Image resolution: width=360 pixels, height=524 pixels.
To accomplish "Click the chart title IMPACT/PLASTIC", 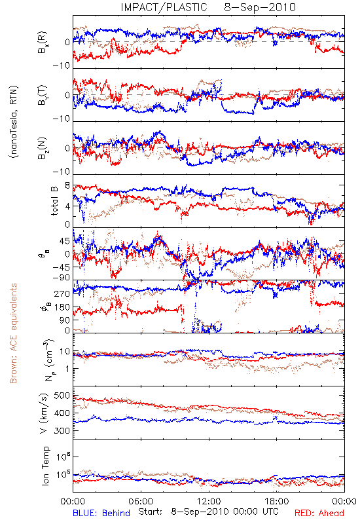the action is [x=164, y=7].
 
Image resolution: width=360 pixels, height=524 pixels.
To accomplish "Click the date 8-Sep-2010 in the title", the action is [x=260, y=7].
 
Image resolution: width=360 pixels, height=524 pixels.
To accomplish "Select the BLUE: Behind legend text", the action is [x=101, y=513].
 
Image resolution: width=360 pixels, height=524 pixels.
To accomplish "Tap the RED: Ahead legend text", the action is [x=319, y=513].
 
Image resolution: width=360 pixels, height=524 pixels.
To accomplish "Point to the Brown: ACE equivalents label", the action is [x=13, y=333].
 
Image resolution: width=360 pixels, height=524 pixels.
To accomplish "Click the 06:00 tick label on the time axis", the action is [x=141, y=501].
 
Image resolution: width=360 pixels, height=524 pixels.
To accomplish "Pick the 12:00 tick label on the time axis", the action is [x=209, y=501].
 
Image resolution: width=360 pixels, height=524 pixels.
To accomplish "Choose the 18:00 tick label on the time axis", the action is [x=277, y=501].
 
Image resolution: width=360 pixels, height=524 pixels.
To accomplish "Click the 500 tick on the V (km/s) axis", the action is [x=62, y=396].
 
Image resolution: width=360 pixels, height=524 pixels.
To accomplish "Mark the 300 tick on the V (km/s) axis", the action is [x=62, y=431].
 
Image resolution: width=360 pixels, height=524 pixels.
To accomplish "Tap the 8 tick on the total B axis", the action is [x=67, y=186].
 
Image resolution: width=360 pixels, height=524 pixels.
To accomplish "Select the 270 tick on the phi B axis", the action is [x=62, y=293].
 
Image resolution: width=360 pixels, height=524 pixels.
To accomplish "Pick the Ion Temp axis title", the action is [x=45, y=466].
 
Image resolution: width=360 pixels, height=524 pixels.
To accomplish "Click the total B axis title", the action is [x=54, y=201].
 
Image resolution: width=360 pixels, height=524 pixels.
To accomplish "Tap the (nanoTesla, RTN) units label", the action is [x=14, y=121].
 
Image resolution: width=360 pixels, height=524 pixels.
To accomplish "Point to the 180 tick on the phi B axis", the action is [x=62, y=307].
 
